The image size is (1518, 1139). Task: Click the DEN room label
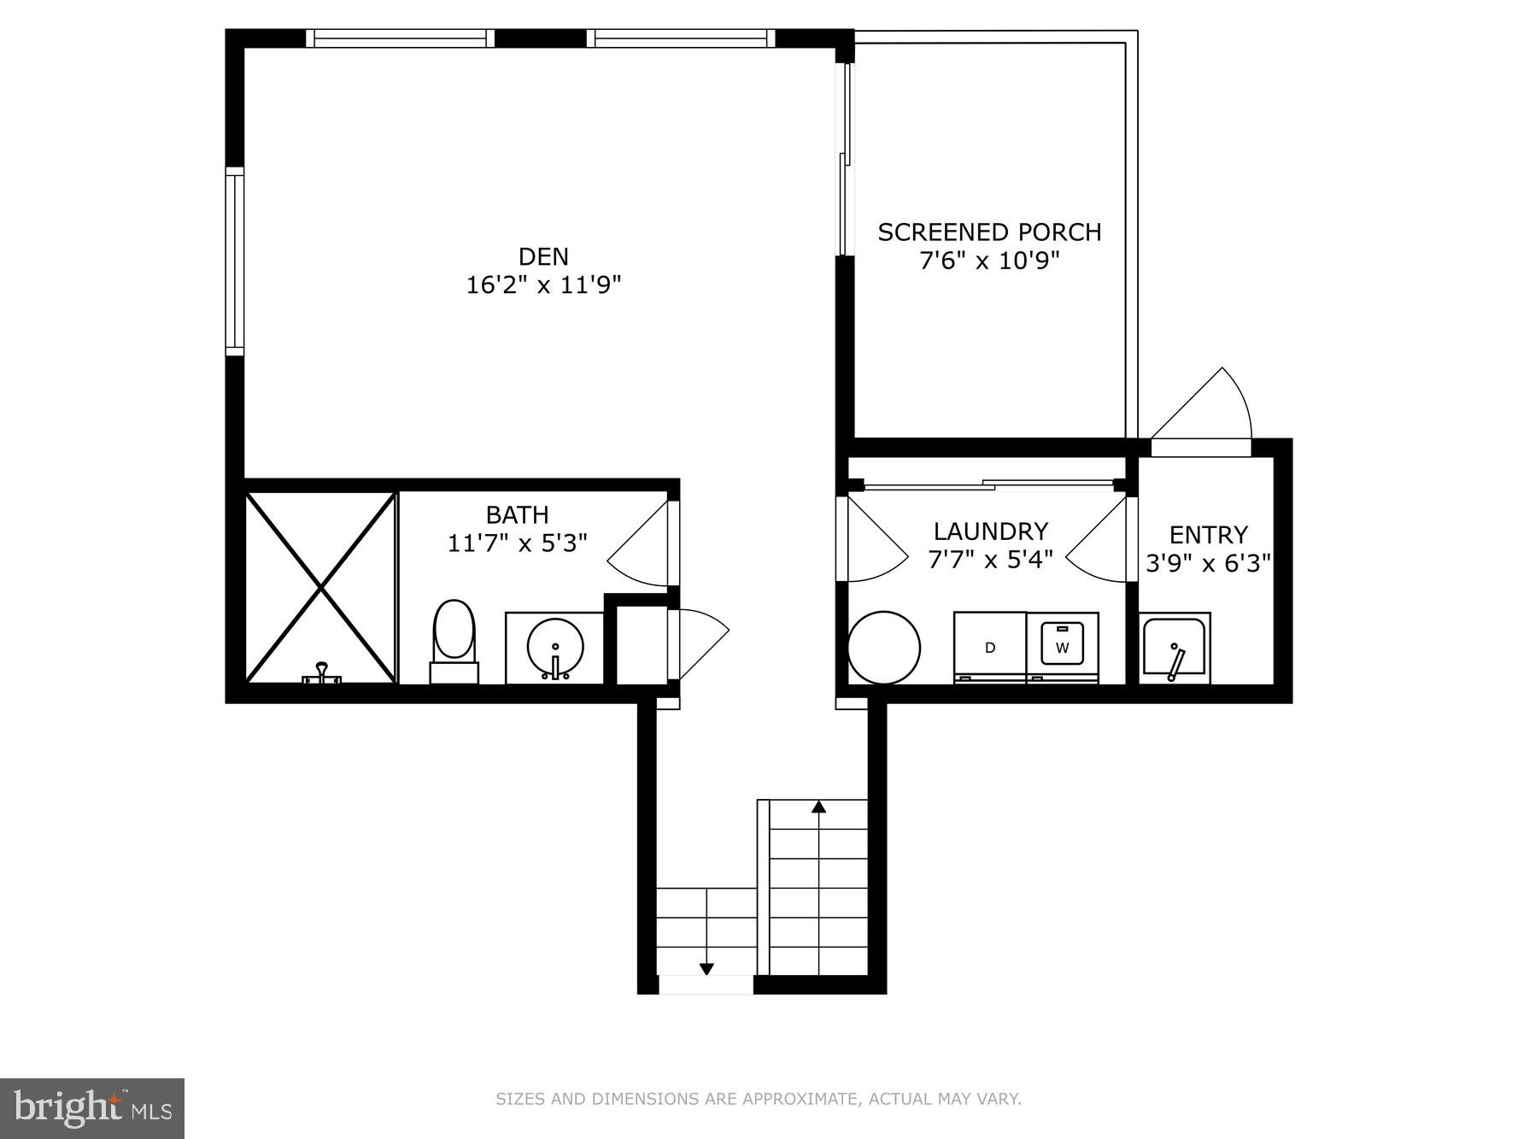tap(543, 256)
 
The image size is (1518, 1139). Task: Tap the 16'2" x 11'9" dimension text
tap(543, 285)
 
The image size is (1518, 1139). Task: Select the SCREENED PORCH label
tap(989, 232)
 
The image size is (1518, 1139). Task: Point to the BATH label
tap(517, 514)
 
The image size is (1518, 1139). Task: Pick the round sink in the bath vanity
tap(555, 649)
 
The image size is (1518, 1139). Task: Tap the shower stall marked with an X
tap(321, 587)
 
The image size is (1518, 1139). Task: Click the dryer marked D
tap(990, 647)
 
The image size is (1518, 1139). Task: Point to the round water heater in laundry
tap(884, 647)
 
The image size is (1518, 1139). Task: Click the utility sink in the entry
tap(1175, 649)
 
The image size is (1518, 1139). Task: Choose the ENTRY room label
tap(1208, 535)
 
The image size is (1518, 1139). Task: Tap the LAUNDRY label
tap(990, 531)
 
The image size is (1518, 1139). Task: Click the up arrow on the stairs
tap(818, 807)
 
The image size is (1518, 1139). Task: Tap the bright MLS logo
tap(92, 1108)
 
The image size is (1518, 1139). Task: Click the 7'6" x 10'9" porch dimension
tap(989, 261)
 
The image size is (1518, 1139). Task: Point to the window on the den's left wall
tap(235, 261)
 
